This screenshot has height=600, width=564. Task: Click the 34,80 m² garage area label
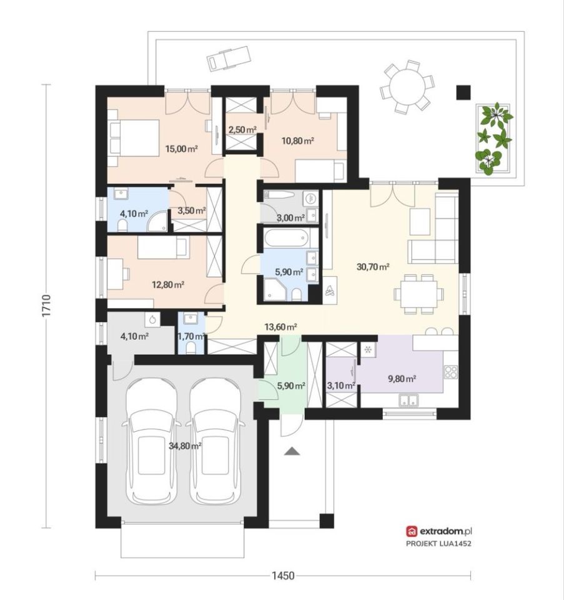185,446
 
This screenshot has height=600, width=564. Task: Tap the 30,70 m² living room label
373,267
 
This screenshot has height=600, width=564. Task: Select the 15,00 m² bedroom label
181,149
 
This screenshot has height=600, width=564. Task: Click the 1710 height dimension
46,306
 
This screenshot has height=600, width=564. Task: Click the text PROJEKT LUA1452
438,543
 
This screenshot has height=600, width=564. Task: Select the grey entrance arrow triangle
292,451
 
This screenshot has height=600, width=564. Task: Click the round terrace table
407,86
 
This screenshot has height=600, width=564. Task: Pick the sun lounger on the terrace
229,59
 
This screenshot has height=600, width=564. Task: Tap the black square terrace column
463,92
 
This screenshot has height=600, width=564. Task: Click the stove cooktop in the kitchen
450,372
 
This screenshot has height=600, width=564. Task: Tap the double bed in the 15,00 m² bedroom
134,138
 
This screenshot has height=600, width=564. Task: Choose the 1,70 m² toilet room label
190,336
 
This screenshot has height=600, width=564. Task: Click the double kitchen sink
408,400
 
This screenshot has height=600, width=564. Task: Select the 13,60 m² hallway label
281,327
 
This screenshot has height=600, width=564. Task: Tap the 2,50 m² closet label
242,130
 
